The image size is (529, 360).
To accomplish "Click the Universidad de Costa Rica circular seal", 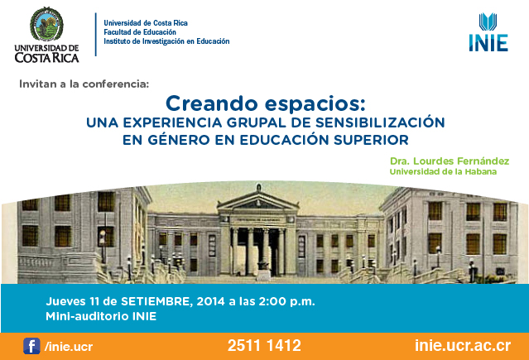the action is (46, 24).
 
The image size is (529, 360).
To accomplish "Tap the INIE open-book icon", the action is (488, 22).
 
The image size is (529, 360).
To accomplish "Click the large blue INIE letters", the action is (488, 43).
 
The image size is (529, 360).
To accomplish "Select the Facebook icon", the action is (31, 346).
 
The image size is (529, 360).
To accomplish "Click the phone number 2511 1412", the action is (264, 345).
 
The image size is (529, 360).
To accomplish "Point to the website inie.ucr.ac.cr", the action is (463, 345).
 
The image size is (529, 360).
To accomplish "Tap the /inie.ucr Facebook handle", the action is (69, 347).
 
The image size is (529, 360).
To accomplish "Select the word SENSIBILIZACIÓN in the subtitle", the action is (380, 122).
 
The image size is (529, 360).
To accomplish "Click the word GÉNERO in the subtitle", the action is (179, 139).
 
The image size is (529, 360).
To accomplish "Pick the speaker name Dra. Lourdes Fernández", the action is (450, 161).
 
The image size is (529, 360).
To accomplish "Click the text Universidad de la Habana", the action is (443, 172).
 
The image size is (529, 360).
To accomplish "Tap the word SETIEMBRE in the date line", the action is (156, 301).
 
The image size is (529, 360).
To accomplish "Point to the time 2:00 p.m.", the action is (286, 301).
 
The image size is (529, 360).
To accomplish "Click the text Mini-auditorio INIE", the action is (101, 316).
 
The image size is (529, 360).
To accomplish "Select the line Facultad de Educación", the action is (140, 32).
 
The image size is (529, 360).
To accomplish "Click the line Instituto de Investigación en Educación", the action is (166, 41).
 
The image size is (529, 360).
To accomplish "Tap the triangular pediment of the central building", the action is (258, 201).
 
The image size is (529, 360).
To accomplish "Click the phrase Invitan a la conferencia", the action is (84, 84).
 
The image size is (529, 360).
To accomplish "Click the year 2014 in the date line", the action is (210, 301).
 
